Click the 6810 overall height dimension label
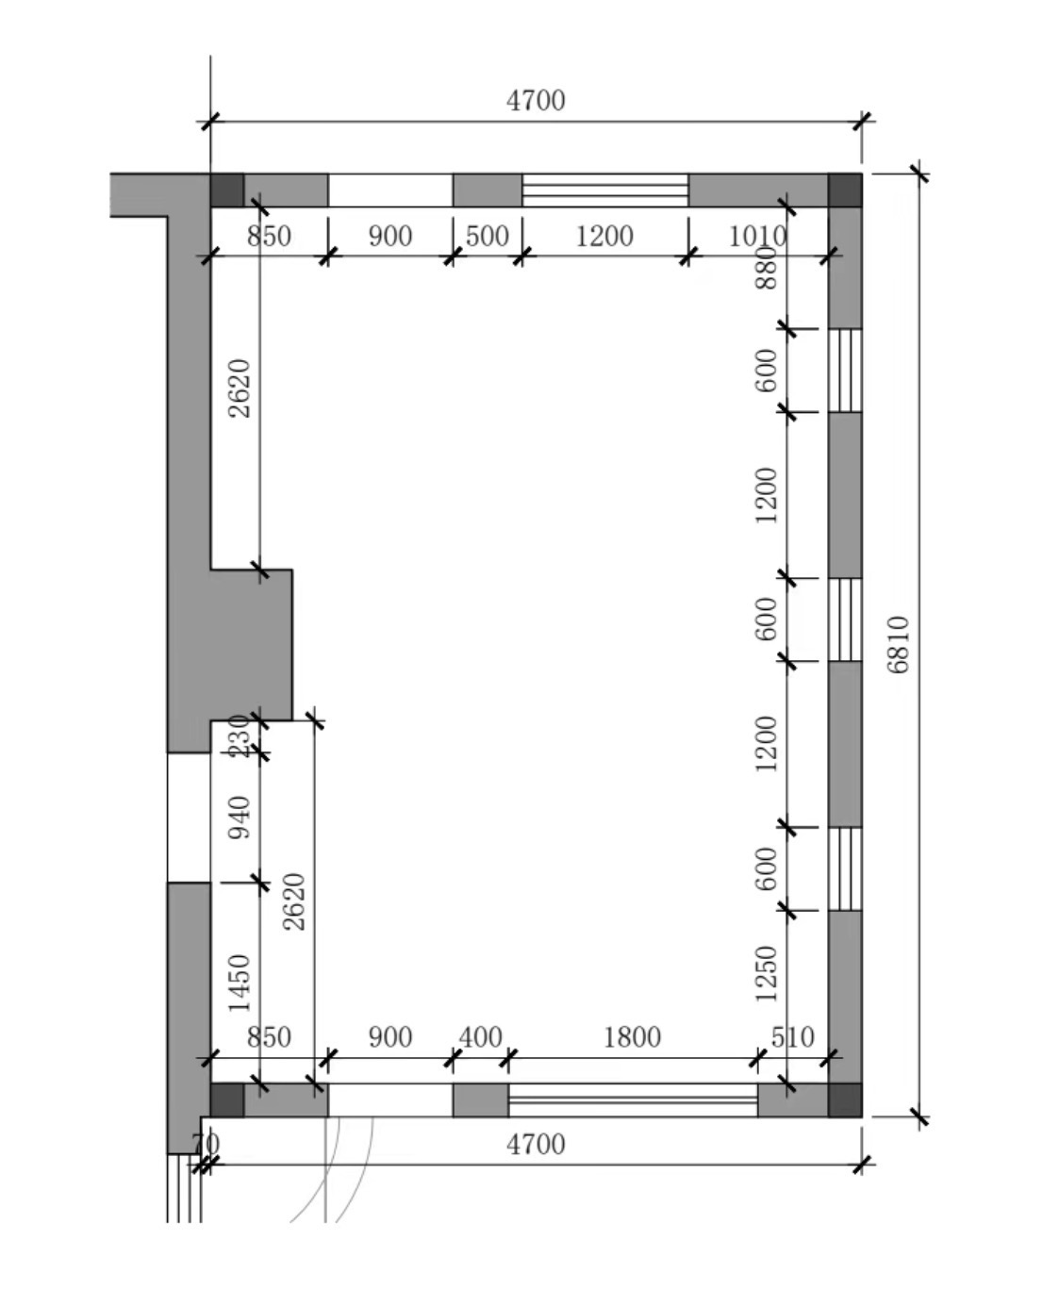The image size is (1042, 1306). pos(898,644)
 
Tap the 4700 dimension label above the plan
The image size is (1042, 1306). pos(536,101)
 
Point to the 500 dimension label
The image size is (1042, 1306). pos(487,236)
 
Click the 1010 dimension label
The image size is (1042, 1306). pos(757,236)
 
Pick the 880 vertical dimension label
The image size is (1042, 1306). pos(766,268)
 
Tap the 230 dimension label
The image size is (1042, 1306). pos(240,736)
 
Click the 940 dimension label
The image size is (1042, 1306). pos(240,818)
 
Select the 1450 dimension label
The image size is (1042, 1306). pos(240,984)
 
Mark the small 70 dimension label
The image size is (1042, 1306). pos(206,1145)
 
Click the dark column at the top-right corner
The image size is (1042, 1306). pos(845,190)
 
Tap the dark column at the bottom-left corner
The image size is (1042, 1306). pos(227,1099)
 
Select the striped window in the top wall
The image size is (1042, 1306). pos(605,190)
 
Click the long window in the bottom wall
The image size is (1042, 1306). pos(633,1099)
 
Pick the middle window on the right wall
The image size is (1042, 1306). pos(845,620)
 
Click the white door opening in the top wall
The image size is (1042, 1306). pos(390,190)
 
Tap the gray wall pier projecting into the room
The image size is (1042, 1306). pos(251,645)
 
